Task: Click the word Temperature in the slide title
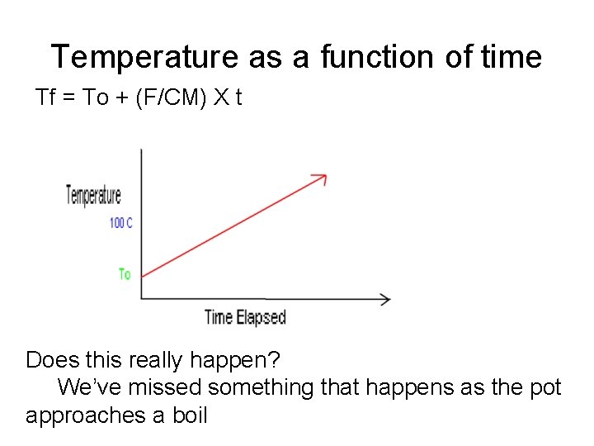pyautogui.click(x=144, y=57)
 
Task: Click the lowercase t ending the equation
pyautogui.click(x=238, y=98)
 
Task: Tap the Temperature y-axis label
pyautogui.click(x=94, y=196)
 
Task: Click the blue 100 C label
pyautogui.click(x=121, y=223)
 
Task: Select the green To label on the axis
pyautogui.click(x=125, y=273)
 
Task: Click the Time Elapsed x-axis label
pyautogui.click(x=245, y=317)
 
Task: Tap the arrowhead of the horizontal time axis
pyautogui.click(x=385, y=298)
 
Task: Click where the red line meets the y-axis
pyautogui.click(x=142, y=276)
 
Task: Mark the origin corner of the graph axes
pyautogui.click(x=142, y=298)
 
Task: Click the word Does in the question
pyautogui.click(x=49, y=360)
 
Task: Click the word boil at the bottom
pyautogui.click(x=189, y=415)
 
